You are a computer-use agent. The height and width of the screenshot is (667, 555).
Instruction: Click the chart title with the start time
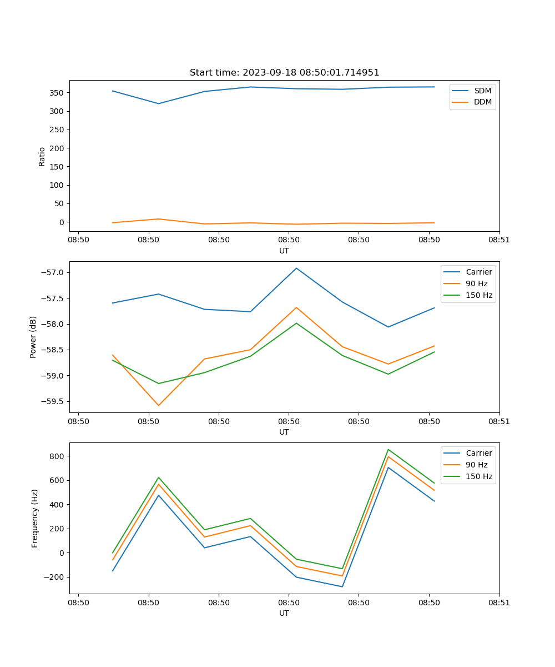(x=284, y=73)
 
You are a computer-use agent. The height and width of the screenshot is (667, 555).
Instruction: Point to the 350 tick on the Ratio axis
(x=58, y=93)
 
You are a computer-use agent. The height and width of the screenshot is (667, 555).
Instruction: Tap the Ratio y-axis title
(x=42, y=157)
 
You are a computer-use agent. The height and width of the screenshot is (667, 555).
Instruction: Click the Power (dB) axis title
(x=33, y=337)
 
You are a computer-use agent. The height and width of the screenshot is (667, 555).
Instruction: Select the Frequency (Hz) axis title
(x=34, y=518)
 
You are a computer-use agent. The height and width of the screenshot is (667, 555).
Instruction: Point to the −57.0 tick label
(x=53, y=272)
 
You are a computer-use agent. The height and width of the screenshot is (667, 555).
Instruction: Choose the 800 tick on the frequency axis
(x=58, y=456)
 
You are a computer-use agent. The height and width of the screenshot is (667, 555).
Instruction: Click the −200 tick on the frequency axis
(x=55, y=577)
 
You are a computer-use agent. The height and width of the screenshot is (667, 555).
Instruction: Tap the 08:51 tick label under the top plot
(x=499, y=240)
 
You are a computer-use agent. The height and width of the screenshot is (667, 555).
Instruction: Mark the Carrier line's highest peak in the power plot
(x=296, y=268)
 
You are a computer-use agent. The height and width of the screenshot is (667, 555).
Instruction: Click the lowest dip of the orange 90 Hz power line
(x=159, y=405)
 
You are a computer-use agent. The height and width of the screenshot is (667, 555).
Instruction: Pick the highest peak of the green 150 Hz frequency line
(x=389, y=449)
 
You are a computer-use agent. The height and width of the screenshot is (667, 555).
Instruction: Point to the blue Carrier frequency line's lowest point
(x=342, y=586)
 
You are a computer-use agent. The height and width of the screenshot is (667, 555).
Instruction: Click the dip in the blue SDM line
(x=159, y=103)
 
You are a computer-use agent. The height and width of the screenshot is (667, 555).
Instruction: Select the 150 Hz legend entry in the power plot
(x=479, y=295)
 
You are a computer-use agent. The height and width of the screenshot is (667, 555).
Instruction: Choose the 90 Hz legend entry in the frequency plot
(x=476, y=465)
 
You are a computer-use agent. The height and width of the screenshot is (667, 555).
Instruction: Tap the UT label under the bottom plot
(x=284, y=613)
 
